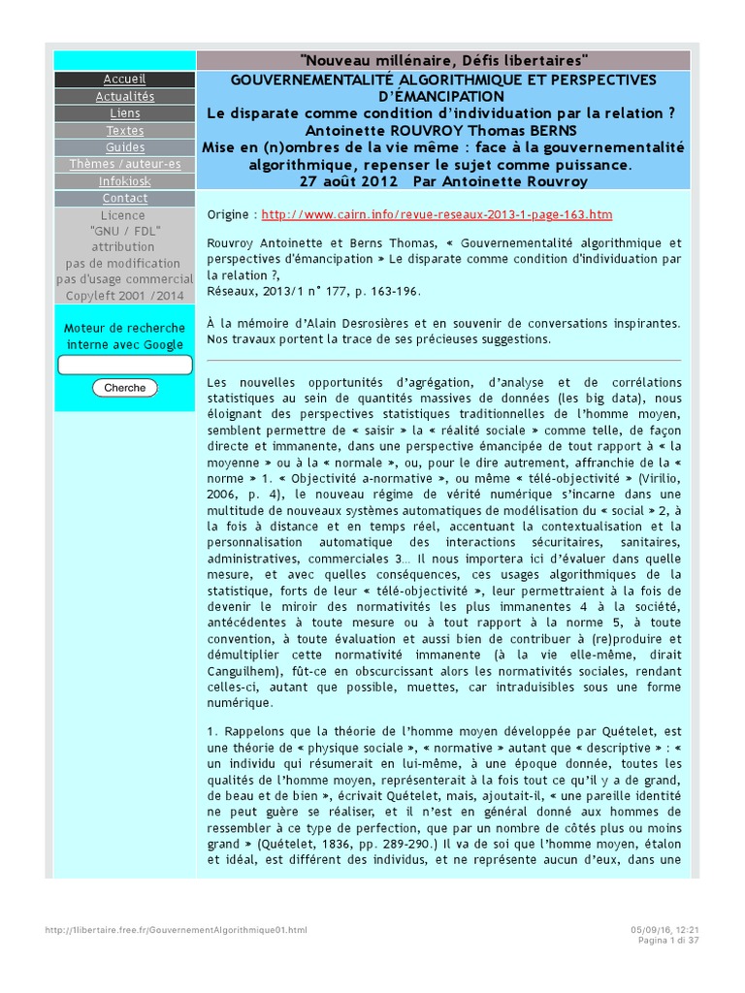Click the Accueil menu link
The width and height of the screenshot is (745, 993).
click(124, 79)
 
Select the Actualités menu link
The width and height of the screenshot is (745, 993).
click(124, 96)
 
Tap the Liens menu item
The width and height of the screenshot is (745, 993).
click(124, 113)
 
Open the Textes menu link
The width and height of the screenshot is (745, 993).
click(124, 131)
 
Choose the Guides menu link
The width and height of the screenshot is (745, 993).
click(124, 147)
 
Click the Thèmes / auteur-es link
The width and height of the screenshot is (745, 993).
click(124, 165)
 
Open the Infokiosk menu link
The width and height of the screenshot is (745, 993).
click(124, 181)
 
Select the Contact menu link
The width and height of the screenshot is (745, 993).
click(124, 199)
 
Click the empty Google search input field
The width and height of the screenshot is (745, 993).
click(125, 366)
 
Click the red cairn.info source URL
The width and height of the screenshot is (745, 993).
click(437, 214)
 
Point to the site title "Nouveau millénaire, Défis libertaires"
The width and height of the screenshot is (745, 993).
click(444, 61)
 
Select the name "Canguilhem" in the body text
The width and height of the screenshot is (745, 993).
click(243, 672)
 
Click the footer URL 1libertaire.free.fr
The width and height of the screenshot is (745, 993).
click(176, 930)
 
